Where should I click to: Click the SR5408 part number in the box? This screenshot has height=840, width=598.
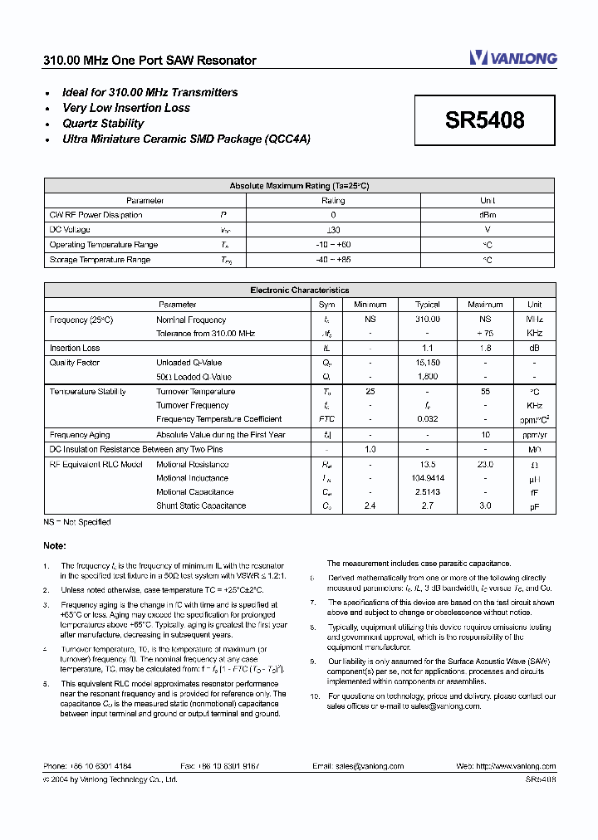484,120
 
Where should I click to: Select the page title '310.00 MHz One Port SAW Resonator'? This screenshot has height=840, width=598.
149,61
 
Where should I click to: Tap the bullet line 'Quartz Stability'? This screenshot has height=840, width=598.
103,124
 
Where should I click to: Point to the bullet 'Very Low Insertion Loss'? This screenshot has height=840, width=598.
126,108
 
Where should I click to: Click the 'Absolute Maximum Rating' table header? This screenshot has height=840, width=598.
299,186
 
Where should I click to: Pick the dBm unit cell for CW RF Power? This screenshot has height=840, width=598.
488,215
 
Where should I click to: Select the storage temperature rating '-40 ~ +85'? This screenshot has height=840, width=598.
333,260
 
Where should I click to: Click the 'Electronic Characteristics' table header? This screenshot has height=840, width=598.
299,291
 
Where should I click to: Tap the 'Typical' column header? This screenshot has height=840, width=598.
427,305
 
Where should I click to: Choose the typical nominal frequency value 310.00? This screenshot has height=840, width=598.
427,320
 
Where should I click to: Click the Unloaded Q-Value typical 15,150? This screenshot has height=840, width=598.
427,363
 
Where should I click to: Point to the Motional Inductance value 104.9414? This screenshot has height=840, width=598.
427,478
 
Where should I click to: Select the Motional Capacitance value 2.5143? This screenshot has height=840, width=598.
427,491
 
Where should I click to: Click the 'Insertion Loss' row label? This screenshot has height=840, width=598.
75,349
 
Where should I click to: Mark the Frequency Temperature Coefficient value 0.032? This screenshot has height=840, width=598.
427,419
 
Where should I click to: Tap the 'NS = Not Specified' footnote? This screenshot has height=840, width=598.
77,522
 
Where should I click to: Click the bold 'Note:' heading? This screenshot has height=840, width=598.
55,545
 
